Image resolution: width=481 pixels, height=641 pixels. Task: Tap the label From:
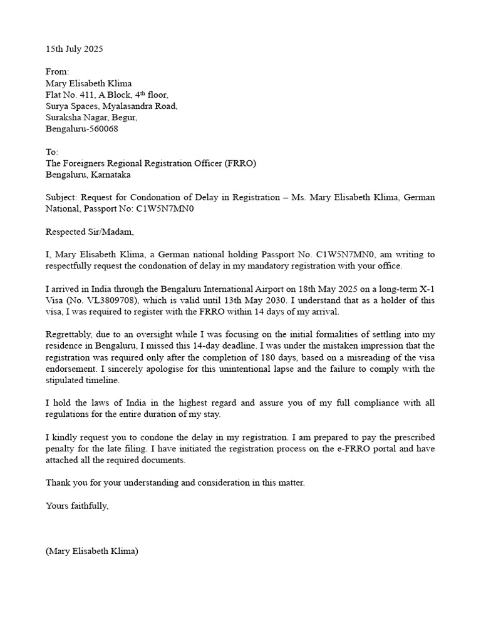pyautogui.click(x=57, y=72)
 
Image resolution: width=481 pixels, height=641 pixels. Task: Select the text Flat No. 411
pyautogui.click(x=71, y=95)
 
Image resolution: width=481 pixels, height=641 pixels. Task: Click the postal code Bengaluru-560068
pyautogui.click(x=81, y=129)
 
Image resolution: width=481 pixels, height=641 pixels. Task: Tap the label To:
pyautogui.click(x=52, y=152)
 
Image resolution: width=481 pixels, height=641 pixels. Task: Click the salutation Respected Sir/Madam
pyautogui.click(x=90, y=232)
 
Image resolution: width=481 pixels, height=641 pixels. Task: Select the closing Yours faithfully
pyautogui.click(x=77, y=506)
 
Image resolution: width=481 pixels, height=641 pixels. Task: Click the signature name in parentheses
pyautogui.click(x=92, y=551)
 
